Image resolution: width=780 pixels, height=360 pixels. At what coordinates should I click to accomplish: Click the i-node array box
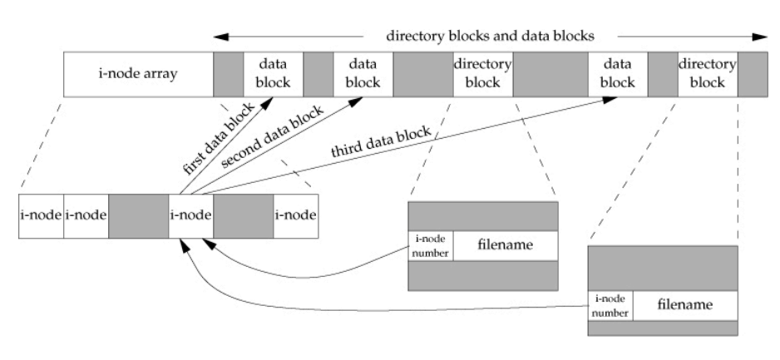[138, 73]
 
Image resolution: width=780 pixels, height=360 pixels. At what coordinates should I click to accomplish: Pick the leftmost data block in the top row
[273, 73]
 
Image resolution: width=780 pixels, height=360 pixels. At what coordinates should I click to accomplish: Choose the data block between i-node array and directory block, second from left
[363, 73]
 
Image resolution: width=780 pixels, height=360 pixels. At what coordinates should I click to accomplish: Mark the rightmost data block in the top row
[617, 73]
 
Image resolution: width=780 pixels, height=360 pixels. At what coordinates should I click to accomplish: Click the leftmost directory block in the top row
[483, 73]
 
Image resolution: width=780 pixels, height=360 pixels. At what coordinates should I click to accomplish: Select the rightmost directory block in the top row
[708, 73]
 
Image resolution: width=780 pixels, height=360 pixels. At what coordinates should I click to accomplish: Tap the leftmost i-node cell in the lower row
[41, 215]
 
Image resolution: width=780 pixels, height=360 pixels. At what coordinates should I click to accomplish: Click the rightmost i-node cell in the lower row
[295, 215]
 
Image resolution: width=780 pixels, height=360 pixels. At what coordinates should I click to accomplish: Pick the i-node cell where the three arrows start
[190, 215]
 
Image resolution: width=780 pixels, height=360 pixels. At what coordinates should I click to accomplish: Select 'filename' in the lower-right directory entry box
[685, 305]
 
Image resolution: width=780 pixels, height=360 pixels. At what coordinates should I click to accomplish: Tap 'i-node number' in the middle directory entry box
[430, 245]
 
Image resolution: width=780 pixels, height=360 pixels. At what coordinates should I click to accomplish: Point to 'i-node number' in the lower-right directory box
[610, 306]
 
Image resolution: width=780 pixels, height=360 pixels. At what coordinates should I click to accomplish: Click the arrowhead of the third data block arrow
[610, 98]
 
